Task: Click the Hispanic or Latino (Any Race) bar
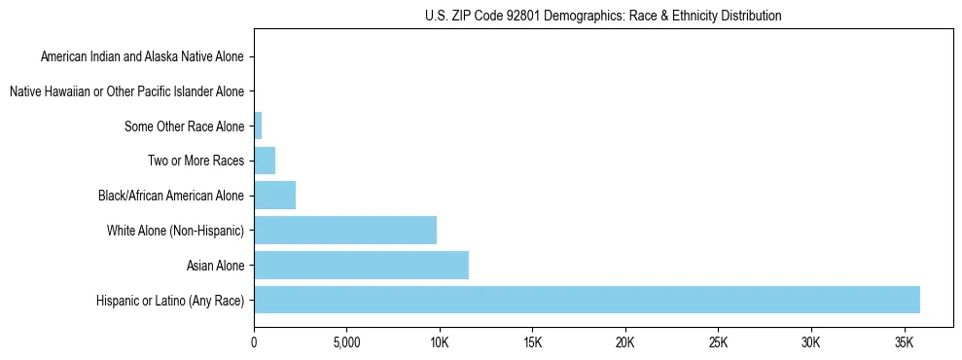pos(587,300)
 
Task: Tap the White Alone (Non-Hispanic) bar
pos(345,231)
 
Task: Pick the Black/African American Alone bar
pos(274,196)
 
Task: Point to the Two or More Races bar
pos(265,161)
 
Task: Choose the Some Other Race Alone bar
pos(258,126)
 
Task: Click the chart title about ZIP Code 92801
pos(603,16)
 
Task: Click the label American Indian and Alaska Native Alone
pos(142,56)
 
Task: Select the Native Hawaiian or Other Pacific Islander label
pos(126,91)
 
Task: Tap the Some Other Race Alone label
pos(185,126)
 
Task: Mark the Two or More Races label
pos(196,161)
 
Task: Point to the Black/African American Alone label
pos(171,196)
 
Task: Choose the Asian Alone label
pos(216,266)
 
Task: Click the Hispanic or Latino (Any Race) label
pos(171,301)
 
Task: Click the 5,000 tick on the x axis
pos(346,342)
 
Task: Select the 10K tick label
pos(440,342)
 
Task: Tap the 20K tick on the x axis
pos(625,342)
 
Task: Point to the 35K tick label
pos(904,342)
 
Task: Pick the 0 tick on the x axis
pos(254,342)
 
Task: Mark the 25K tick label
pos(718,342)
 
